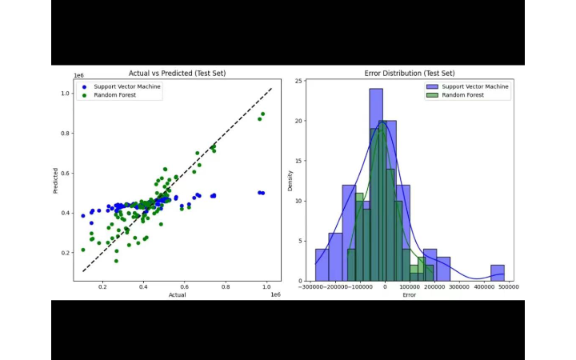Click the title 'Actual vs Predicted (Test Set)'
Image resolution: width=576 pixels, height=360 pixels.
178,74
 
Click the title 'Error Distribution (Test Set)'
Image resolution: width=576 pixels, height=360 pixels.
409,74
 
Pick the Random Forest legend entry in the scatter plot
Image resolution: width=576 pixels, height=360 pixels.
111,94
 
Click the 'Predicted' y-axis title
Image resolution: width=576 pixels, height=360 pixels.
56,180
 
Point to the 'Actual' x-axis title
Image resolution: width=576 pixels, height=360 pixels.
178,295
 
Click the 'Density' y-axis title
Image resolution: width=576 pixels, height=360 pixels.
290,180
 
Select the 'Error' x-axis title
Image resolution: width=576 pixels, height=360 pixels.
409,295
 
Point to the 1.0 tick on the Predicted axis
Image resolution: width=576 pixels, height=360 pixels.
66,94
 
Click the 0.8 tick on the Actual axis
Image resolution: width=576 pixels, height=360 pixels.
226,286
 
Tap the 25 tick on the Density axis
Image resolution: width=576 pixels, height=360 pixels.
298,81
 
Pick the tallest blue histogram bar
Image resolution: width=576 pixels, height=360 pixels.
376,184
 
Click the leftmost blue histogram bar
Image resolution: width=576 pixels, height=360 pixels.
322,265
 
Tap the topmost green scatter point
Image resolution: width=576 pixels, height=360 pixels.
262,114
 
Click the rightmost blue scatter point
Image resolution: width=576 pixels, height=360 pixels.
263,193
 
